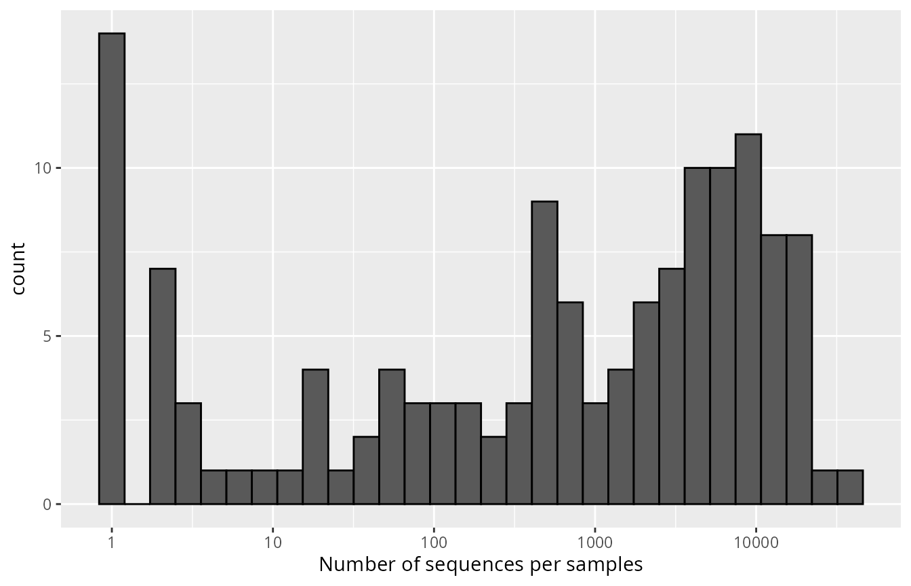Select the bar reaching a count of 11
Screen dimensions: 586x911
[x=748, y=319]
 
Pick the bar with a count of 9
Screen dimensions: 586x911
[x=544, y=353]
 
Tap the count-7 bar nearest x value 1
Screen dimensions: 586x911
[x=163, y=387]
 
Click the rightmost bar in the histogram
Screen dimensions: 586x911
[x=850, y=487]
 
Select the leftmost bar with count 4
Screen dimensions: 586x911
[x=315, y=437]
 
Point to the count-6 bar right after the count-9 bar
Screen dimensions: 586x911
[x=570, y=403]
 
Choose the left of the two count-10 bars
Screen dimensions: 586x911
[x=697, y=336]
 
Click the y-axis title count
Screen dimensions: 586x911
[x=18, y=269]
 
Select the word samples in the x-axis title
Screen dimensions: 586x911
[x=608, y=564]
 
